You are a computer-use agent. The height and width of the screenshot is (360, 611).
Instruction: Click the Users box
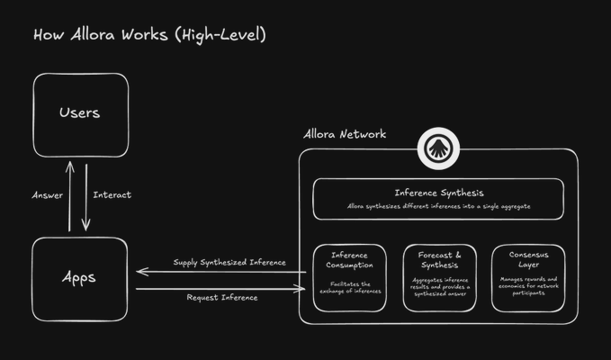tap(79, 113)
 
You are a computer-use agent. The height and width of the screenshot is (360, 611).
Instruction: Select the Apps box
tap(79, 277)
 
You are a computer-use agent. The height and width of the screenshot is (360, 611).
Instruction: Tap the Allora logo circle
tap(438, 149)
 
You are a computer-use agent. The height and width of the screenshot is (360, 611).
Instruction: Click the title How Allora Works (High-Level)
tap(149, 35)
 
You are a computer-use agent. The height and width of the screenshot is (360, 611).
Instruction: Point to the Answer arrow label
tap(47, 195)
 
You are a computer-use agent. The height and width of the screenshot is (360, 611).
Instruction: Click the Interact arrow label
tap(112, 195)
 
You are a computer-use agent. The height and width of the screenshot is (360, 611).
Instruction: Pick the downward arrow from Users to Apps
tap(87, 195)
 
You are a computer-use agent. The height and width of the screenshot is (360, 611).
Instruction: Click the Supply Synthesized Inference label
tap(229, 263)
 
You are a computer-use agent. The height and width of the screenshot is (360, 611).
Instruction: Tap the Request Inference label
tap(222, 297)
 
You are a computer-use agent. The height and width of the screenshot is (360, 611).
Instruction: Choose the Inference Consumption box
tap(349, 277)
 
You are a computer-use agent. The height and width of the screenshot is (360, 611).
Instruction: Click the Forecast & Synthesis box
tap(439, 277)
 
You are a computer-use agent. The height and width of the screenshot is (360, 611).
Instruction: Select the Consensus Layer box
tap(528, 277)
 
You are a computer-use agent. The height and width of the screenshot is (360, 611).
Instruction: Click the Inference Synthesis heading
tap(438, 193)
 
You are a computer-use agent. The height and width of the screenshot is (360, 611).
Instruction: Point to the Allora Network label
tap(346, 134)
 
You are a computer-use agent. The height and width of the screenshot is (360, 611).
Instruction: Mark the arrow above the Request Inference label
tap(220, 289)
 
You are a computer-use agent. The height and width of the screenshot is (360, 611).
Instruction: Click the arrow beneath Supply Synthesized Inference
tap(220, 272)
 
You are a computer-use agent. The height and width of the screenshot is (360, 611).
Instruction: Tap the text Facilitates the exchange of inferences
tap(349, 287)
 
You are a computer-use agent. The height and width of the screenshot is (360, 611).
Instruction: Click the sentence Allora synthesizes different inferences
tap(438, 206)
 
